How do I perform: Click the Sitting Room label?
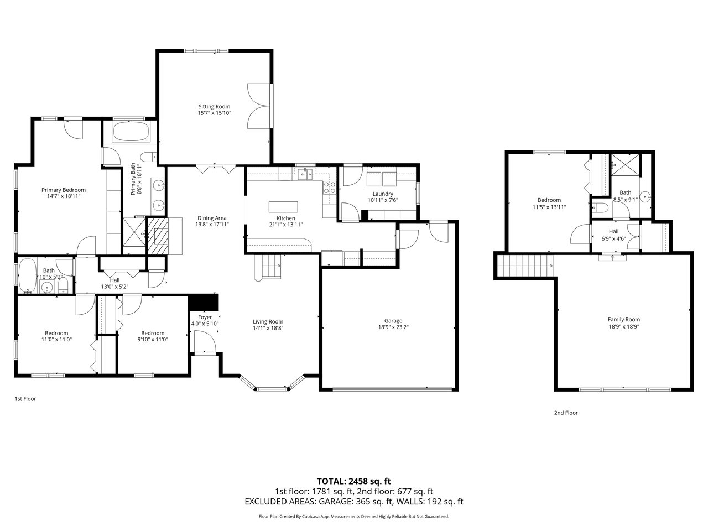tap(214, 106)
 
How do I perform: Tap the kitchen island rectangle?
tap(283, 206)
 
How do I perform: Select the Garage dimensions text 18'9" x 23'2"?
tap(393, 327)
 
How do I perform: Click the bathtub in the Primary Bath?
tap(131, 131)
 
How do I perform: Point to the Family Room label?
tap(624, 320)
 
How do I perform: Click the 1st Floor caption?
tap(25, 399)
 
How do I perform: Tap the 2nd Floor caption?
tap(566, 413)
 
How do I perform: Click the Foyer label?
tap(205, 317)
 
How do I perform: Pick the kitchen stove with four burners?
tap(329, 188)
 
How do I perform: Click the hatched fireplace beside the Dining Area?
tap(158, 236)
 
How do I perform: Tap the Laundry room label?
tap(383, 194)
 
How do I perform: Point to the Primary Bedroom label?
tap(64, 190)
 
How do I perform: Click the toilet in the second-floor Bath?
tap(600, 207)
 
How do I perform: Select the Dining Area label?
tap(212, 218)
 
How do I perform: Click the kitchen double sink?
tap(305, 174)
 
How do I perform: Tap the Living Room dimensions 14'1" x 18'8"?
tap(268, 328)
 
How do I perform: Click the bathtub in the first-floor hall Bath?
tap(28, 276)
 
